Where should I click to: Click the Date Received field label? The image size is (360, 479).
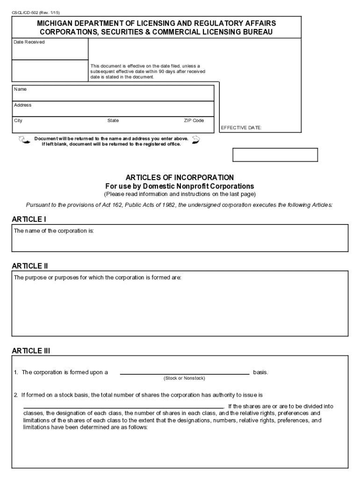coord(29,42)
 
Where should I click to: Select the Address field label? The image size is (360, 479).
coord(22,105)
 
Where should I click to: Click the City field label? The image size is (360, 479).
coord(18,121)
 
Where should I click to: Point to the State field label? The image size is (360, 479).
coord(113,121)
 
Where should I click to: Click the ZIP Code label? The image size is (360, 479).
coord(194,121)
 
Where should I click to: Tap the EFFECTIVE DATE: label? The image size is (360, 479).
coord(241,128)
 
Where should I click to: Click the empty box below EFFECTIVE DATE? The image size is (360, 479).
coord(275,155)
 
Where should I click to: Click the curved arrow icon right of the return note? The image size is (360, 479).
coord(196,139)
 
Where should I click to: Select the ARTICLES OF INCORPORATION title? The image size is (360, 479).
coord(180,178)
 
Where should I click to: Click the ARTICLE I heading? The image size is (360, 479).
coord(29,219)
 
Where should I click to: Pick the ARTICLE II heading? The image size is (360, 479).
coord(30,266)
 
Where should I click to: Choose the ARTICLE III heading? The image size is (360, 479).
coord(31,350)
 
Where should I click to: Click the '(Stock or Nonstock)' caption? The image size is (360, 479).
coord(184,378)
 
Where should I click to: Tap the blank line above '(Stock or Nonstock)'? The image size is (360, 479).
coord(185,373)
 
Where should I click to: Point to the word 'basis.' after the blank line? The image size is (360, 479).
coord(260,372)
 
